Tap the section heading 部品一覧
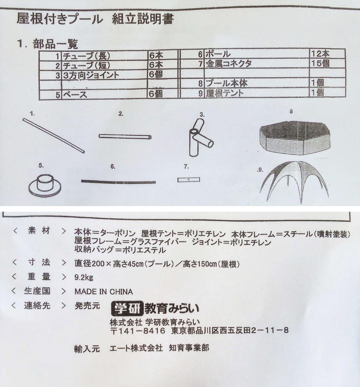coord(55,44)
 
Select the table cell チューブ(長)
coord(86,55)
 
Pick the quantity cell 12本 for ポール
coord(320,54)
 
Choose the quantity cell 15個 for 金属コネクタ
coord(320,63)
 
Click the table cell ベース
coord(75,94)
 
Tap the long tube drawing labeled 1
coord(54,135)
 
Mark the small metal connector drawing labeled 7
coord(188,180)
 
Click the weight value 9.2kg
coord(84,277)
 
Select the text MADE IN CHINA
coord(104,292)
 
